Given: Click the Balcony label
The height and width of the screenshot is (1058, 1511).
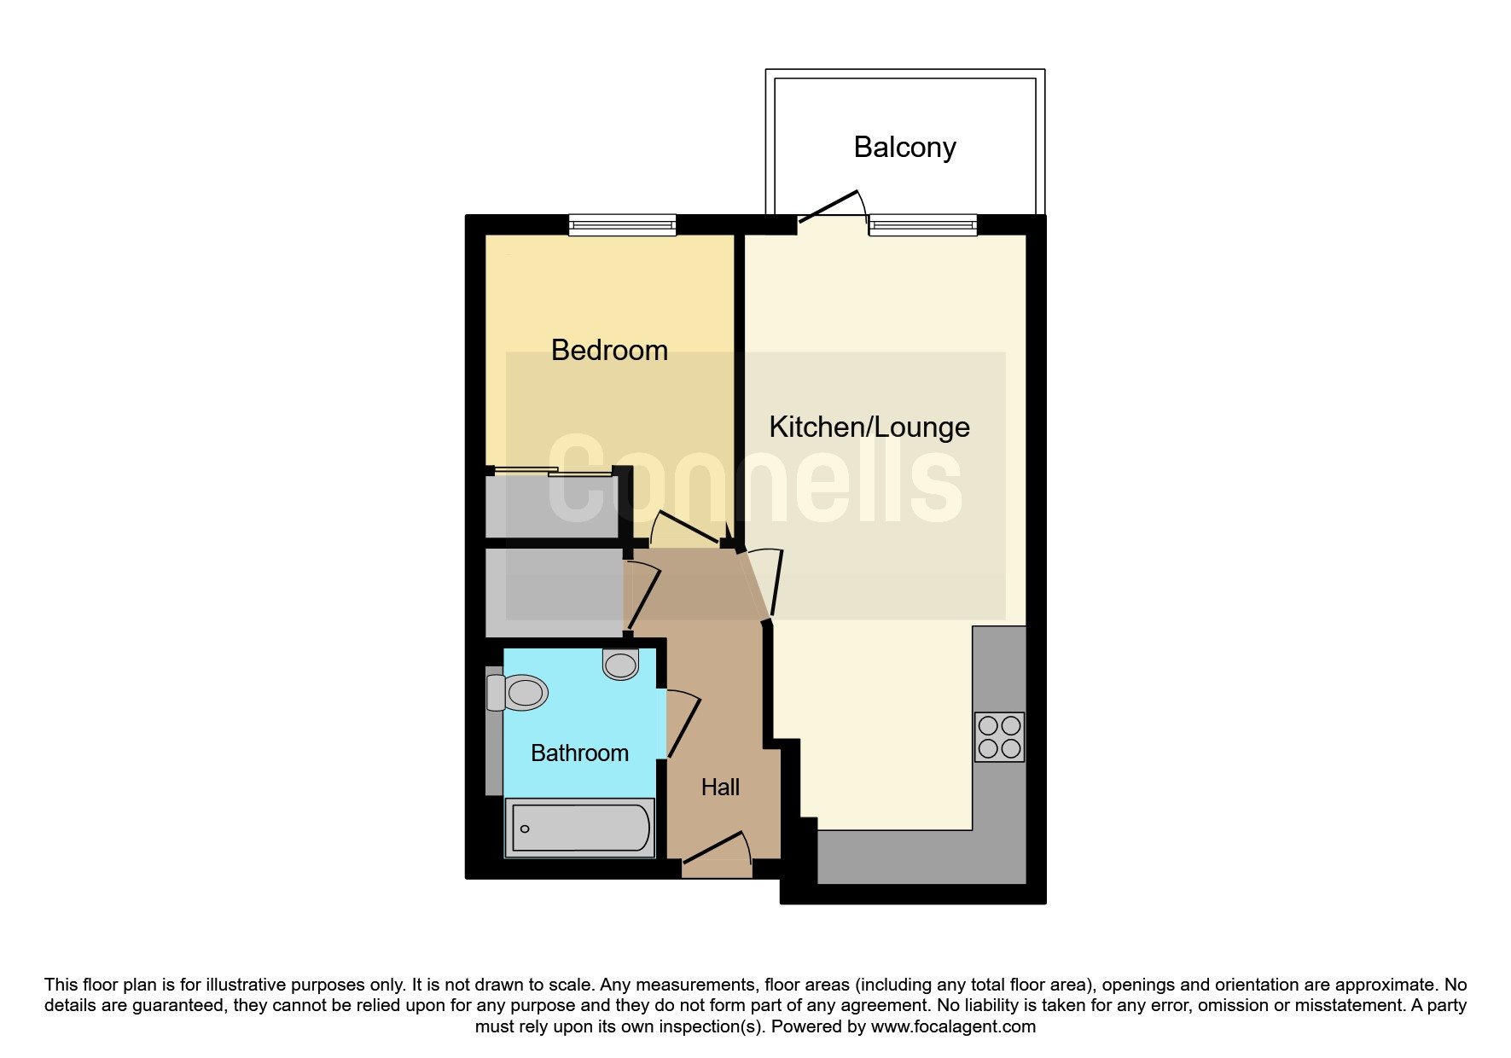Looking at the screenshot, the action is pos(904,148).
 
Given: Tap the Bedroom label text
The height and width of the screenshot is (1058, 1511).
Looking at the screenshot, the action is pos(609,350).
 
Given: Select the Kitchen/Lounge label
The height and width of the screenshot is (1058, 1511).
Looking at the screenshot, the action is pos(869,427).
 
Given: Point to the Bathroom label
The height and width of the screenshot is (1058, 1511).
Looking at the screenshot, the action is pos(579,753).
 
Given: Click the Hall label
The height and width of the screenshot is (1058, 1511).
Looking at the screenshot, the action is pos(720,787).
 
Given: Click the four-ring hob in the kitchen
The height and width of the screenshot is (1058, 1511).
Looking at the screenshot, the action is pos(999,737).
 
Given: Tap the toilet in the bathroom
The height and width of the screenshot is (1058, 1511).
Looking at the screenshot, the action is pos(517,692).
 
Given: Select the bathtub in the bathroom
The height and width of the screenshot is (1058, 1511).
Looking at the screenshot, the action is pos(580,828).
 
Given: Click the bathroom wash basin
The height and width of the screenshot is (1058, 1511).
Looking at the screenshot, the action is pos(621,664).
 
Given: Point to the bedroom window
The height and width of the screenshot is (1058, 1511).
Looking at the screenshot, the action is pos(623,225).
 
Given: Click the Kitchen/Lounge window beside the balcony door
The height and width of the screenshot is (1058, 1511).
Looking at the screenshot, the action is pos(923,225).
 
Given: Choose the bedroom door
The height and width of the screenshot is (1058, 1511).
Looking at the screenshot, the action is pos(685,528).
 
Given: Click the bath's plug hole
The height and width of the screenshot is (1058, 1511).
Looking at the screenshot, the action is pos(525,828).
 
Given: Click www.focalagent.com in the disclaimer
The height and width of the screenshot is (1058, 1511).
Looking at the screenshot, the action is pos(953,1026).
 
